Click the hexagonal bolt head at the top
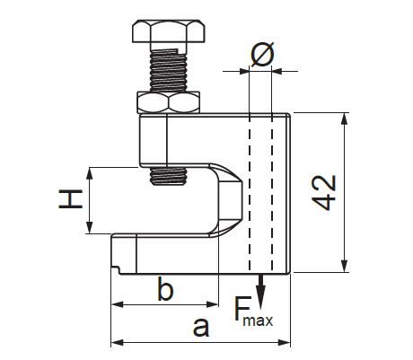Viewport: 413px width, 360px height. (x=169, y=31)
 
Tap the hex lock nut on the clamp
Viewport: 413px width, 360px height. (x=169, y=102)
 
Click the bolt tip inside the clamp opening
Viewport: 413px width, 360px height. (x=169, y=176)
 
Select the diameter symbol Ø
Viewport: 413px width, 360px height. (x=262, y=55)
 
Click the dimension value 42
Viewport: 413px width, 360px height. (x=324, y=192)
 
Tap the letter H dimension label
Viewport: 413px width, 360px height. (x=71, y=199)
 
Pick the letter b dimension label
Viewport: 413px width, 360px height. (x=165, y=289)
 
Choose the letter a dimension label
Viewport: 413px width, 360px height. (x=201, y=327)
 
